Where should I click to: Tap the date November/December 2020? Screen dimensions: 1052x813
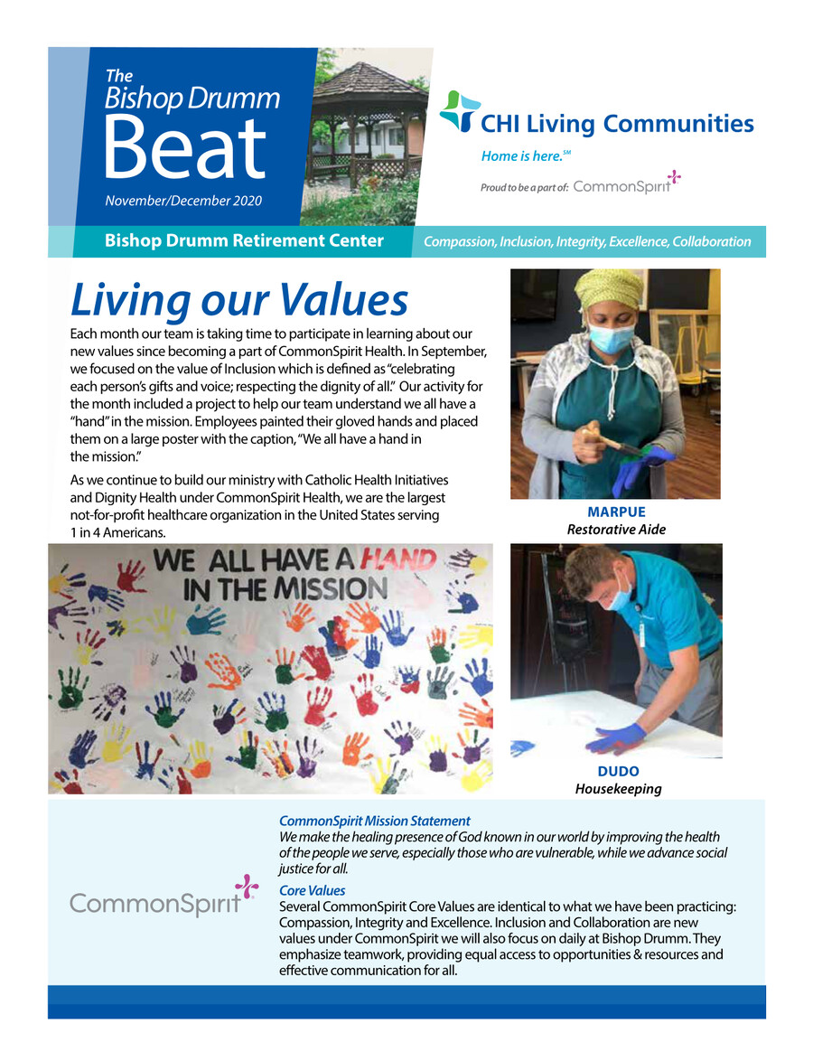tap(184, 201)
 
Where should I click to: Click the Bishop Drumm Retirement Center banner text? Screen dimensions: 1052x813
tap(244, 241)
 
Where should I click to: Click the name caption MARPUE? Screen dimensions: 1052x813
tap(616, 512)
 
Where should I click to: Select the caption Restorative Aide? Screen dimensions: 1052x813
tap(616, 530)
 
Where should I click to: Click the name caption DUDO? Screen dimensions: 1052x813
tap(618, 772)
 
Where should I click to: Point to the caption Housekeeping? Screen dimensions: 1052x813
tap(618, 789)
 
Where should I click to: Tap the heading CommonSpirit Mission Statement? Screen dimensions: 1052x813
tap(375, 822)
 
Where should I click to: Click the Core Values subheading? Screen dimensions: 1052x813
tap(313, 891)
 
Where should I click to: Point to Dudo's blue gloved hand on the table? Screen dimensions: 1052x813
tap(616, 737)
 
